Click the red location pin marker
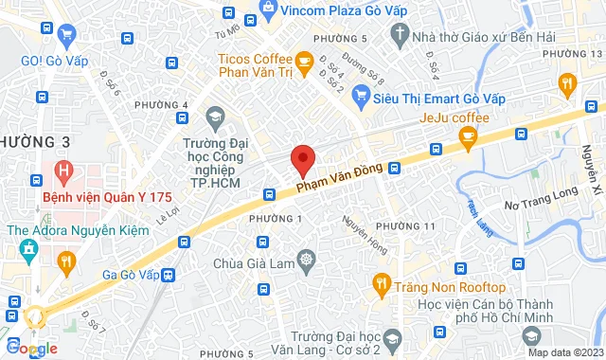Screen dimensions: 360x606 point(302,160)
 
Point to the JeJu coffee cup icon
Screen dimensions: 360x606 point(467,138)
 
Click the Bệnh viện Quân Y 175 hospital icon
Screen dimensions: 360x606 point(63,172)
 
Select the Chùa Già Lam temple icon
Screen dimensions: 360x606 point(306,259)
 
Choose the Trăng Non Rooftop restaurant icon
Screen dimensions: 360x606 point(381,281)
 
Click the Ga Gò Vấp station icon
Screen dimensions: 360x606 point(169,275)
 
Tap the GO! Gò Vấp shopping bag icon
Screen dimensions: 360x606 point(65,37)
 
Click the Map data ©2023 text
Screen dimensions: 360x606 point(564,352)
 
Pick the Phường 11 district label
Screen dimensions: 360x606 point(404,225)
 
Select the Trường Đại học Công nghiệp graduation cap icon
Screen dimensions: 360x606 point(216,117)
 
